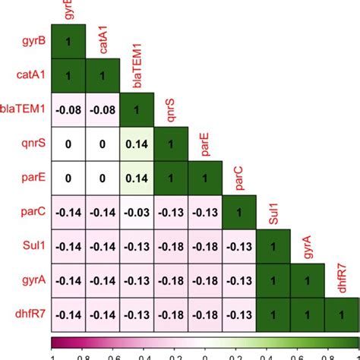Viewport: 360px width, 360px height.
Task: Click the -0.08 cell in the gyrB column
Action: point(69,109)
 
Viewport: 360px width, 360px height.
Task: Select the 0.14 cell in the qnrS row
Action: point(137,143)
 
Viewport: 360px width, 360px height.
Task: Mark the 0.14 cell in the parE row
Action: point(137,177)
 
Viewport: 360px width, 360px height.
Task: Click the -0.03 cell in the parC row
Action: point(137,212)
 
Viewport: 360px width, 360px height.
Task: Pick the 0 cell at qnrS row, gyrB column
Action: point(69,143)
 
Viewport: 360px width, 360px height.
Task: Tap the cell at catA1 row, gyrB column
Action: point(69,74)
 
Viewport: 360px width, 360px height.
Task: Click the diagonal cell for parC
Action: point(241,212)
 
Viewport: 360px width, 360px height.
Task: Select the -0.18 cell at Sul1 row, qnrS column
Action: point(172,246)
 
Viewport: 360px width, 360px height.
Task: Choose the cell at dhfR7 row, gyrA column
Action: point(309,314)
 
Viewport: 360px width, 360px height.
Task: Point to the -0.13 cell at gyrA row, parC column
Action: point(241,280)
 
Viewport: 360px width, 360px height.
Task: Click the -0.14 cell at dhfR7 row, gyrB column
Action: point(69,314)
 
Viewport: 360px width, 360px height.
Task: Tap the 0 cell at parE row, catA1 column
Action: point(103,177)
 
